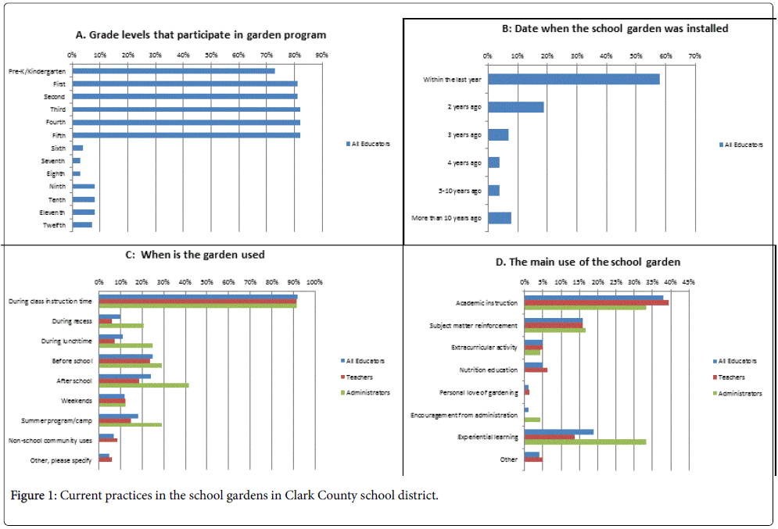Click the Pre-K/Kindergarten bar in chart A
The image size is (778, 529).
click(173, 71)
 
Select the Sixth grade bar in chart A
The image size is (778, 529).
click(77, 148)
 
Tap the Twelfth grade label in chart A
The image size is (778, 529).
click(54, 225)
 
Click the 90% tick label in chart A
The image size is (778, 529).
click(321, 55)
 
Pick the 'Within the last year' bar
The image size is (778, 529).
click(573, 79)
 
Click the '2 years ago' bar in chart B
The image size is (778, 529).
click(515, 107)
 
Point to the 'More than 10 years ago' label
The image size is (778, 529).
click(446, 218)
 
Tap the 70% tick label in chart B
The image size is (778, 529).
click(694, 56)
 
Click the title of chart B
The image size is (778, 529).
click(615, 29)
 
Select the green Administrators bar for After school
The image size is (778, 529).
click(144, 385)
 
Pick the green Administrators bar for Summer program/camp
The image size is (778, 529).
click(131, 425)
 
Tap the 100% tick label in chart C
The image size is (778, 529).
click(314, 281)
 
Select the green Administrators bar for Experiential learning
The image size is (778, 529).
click(585, 441)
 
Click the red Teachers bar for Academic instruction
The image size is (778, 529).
click(596, 302)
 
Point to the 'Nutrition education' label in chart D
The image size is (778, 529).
click(488, 370)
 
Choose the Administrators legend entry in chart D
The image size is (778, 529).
click(740, 394)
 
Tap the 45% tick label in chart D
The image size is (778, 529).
click(688, 281)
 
